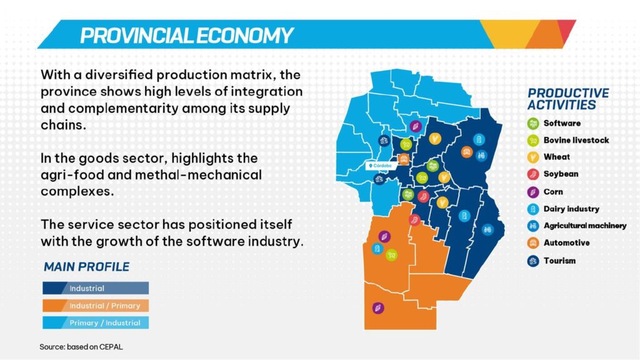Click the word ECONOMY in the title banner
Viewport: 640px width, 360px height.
click(x=244, y=36)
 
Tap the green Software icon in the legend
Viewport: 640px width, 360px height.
click(x=533, y=123)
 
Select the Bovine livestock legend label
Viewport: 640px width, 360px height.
click(x=576, y=140)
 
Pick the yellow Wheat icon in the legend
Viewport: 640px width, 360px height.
click(x=533, y=157)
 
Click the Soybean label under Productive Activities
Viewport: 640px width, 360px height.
click(x=561, y=174)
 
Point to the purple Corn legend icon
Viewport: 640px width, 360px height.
click(x=533, y=192)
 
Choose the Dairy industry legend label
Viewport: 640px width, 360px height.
click(x=571, y=209)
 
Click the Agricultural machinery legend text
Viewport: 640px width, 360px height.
click(x=585, y=226)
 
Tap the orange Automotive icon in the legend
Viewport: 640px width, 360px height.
click(x=533, y=243)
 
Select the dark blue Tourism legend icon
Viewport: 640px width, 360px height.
click(x=533, y=261)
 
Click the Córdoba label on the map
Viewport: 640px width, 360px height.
click(x=381, y=166)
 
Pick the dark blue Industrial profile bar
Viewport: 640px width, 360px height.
click(x=96, y=288)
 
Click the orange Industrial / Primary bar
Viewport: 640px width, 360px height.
click(x=96, y=306)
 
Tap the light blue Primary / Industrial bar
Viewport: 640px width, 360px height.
click(x=96, y=323)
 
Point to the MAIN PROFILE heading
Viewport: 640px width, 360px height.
click(x=86, y=267)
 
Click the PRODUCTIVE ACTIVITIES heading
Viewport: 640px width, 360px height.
click(x=567, y=99)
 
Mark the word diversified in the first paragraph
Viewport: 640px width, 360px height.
click(x=119, y=75)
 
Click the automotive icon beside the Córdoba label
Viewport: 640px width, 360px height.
click(x=404, y=159)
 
